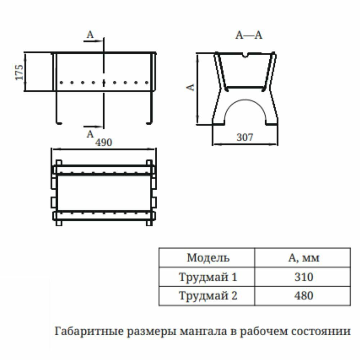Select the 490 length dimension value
point(104,143)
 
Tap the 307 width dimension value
point(245,137)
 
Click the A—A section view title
point(249,35)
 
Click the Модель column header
point(208,258)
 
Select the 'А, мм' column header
point(303,258)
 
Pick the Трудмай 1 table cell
point(208,277)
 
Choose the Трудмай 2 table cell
point(208,296)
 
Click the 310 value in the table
point(303,277)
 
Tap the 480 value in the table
point(303,296)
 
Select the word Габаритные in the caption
point(84,331)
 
